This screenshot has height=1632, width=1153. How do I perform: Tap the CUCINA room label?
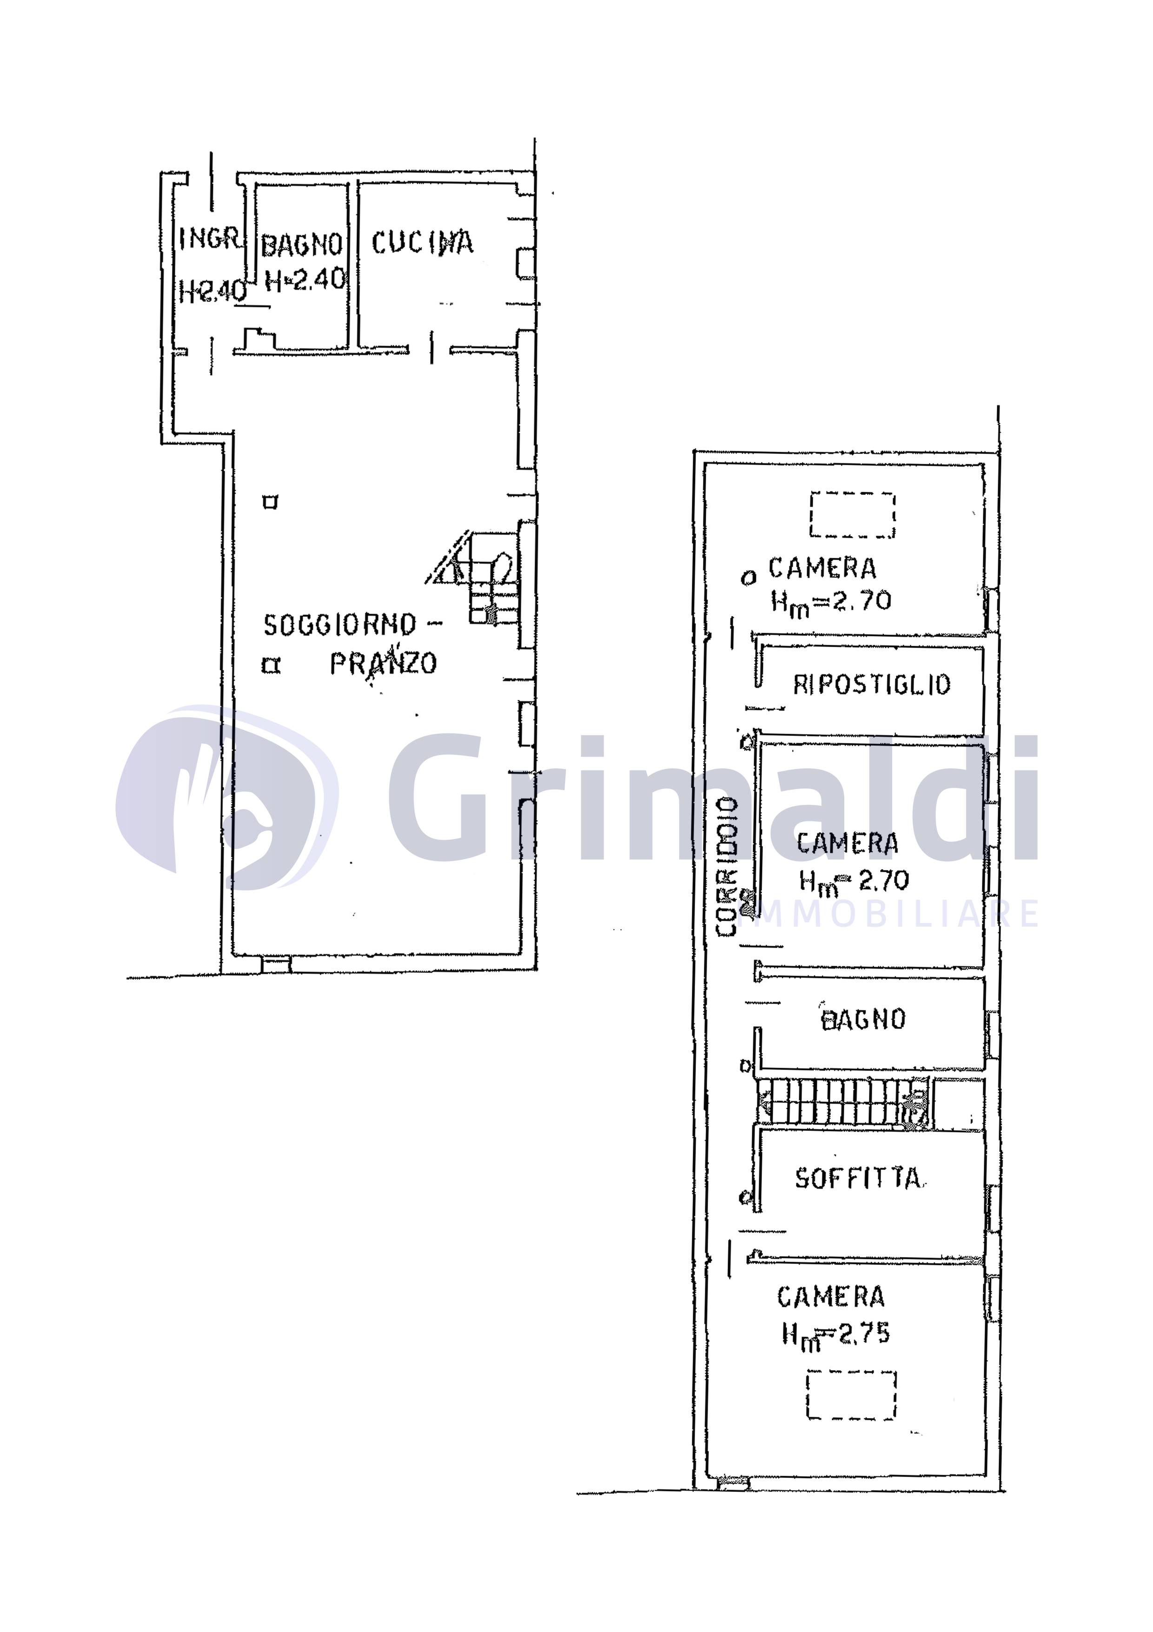tap(422, 243)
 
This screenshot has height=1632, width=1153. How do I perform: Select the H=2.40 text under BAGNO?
tap(305, 279)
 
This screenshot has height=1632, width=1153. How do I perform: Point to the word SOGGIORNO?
tap(339, 625)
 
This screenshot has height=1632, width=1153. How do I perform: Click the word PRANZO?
tap(383, 663)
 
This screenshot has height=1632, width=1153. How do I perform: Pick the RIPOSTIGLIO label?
tap(872, 684)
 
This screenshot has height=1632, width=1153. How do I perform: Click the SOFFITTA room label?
tap(858, 1178)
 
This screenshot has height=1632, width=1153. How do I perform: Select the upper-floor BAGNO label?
tap(863, 1020)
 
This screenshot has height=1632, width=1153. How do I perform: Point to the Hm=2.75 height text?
tap(835, 1348)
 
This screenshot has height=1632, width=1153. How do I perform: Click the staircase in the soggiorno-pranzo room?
tap(483, 577)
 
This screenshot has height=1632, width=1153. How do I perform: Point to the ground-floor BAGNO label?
tap(302, 245)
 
